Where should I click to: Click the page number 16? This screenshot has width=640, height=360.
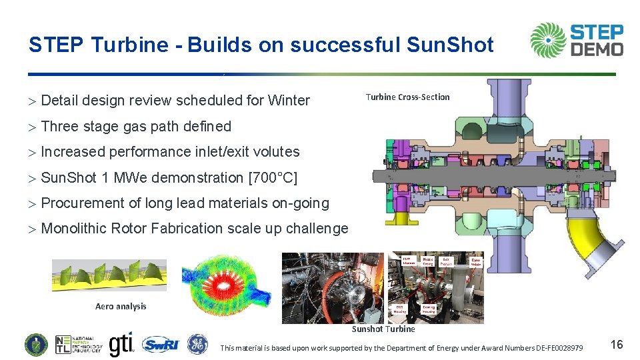[617, 345]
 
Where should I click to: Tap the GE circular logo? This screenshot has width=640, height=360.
[197, 344]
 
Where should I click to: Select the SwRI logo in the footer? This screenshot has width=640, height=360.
[161, 344]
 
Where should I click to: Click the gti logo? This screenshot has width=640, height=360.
[121, 343]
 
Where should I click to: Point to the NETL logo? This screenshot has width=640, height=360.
[79, 344]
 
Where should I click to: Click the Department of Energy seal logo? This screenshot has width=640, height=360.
[36, 344]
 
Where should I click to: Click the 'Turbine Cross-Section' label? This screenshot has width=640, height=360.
[407, 97]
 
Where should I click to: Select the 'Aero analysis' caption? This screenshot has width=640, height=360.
[121, 307]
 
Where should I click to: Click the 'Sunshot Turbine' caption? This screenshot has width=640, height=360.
[383, 329]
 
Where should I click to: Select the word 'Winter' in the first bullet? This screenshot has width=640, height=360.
[289, 101]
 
